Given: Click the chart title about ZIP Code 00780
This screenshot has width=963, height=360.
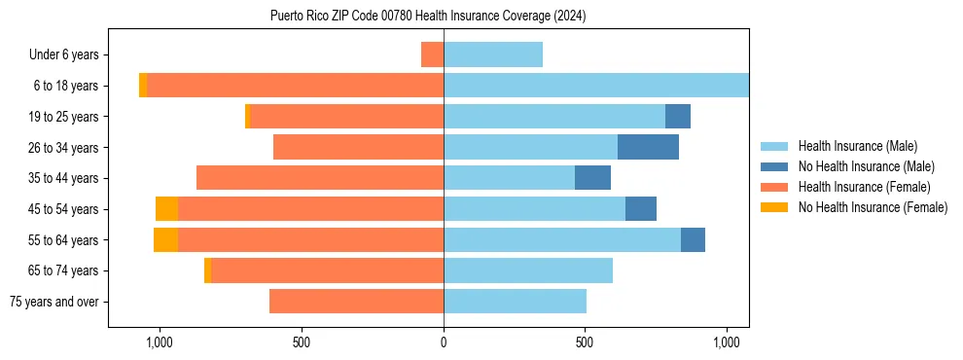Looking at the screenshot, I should pyautogui.click(x=428, y=17).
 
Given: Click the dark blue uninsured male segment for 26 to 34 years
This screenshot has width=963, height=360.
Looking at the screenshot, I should pyautogui.click(x=648, y=147).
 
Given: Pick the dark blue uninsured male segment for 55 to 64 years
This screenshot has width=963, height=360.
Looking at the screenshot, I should pyautogui.click(x=693, y=239).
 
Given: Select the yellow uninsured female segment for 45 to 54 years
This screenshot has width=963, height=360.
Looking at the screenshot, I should pyautogui.click(x=166, y=209).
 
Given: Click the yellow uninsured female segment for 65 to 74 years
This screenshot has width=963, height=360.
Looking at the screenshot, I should pyautogui.click(x=207, y=270).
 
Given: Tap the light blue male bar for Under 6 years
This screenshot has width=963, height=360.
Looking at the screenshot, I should pyautogui.click(x=493, y=54).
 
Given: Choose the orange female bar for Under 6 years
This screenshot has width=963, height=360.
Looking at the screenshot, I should pyautogui.click(x=432, y=54).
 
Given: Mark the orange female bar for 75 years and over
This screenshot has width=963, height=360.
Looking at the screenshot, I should pyautogui.click(x=356, y=302).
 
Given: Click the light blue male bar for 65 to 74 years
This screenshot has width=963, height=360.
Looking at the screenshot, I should pyautogui.click(x=528, y=270).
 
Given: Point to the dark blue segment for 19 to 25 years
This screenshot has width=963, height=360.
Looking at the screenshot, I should pyautogui.click(x=678, y=117).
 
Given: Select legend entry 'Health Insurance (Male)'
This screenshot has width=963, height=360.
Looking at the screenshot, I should pyautogui.click(x=856, y=146).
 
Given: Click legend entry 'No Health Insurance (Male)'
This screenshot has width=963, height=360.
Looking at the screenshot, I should pyautogui.click(x=865, y=166).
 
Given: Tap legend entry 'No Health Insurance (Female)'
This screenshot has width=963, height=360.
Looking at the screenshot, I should pyautogui.click(x=872, y=207).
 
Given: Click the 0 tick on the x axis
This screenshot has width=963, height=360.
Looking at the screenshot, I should pyautogui.click(x=444, y=342).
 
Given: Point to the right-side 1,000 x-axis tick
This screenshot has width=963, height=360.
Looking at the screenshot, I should pyautogui.click(x=727, y=342).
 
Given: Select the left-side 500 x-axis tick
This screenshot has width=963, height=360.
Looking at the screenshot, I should pyautogui.click(x=302, y=342).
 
